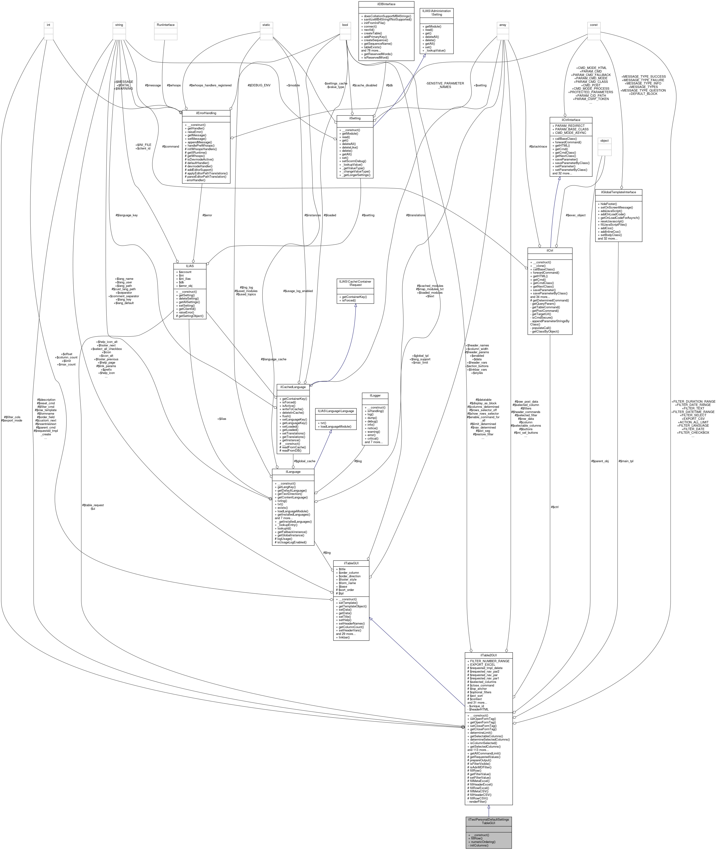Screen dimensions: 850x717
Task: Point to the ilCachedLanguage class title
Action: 293,387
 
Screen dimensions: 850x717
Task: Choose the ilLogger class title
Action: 375,395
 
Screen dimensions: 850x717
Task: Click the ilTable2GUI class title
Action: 489,655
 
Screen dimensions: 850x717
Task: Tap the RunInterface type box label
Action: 166,25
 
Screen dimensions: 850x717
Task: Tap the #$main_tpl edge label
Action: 626,461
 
